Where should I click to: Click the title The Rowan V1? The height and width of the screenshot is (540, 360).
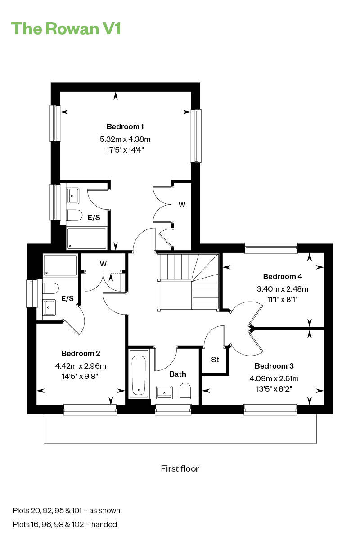tap(66, 28)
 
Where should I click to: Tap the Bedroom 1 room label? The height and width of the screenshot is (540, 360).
tap(125, 126)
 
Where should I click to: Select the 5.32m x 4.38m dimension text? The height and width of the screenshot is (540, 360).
tap(125, 139)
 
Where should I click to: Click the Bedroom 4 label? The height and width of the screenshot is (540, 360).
tap(283, 276)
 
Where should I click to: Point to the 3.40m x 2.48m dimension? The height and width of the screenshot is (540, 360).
tap(283, 289)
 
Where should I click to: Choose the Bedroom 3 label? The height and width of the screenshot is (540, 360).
tap(274, 366)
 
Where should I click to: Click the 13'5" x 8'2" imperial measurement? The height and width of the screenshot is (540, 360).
tap(274, 389)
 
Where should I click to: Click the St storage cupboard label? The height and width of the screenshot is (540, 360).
tap(215, 360)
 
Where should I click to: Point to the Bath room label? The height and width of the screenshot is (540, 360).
tap(178, 374)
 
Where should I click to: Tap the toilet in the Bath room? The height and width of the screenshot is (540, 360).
tap(185, 390)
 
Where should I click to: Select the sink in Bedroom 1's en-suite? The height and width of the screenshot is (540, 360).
tap(72, 196)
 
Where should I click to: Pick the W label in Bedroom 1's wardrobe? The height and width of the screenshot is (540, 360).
tap(182, 205)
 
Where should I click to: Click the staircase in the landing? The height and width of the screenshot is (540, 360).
tap(188, 282)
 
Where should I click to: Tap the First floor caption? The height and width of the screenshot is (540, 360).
tap(180, 468)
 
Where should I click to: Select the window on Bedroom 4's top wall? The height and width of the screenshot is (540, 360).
tap(271, 246)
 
